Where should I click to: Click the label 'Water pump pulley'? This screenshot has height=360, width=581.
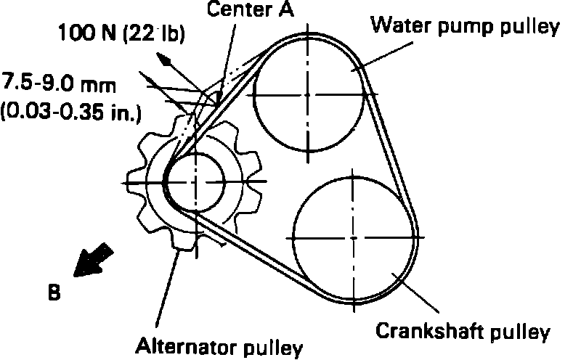(464, 28)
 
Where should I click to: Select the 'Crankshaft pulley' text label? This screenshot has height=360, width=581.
(462, 332)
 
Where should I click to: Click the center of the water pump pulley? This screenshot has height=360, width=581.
(309, 95)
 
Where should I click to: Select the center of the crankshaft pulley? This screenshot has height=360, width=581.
(352, 237)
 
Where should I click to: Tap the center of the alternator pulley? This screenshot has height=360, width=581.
(196, 179)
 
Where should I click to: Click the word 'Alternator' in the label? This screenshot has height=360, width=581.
(177, 346)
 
